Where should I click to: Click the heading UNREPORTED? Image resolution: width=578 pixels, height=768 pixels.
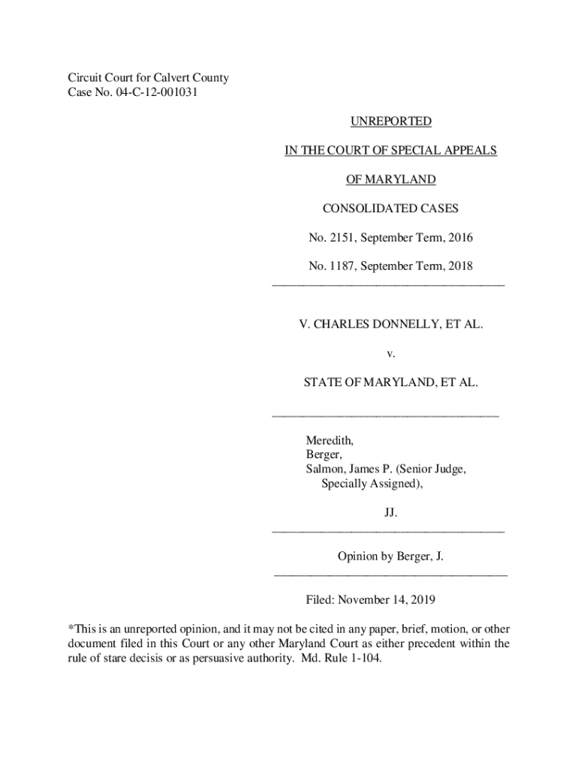(390, 121)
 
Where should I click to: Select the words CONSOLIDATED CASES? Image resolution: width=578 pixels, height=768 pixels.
(390, 208)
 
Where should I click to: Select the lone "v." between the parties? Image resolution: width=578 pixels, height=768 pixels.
(390, 353)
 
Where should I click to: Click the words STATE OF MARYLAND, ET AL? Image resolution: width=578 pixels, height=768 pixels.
(390, 382)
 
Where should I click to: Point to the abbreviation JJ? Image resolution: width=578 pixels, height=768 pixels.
(390, 513)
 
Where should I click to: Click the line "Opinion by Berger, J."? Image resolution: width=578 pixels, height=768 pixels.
(390, 557)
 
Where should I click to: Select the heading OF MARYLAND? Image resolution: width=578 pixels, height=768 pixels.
(390, 179)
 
